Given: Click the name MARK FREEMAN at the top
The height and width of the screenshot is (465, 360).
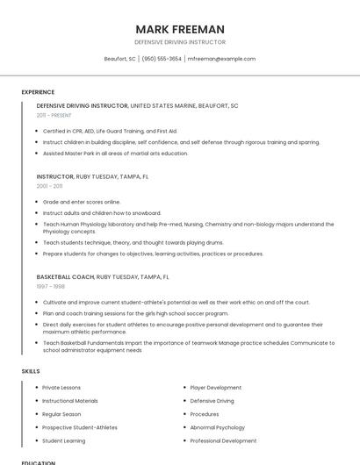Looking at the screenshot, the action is pyautogui.click(x=180, y=29).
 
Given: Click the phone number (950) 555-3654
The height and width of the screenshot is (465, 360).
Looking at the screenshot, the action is pyautogui.click(x=162, y=59).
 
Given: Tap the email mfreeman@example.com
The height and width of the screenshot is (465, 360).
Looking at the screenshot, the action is pyautogui.click(x=221, y=59).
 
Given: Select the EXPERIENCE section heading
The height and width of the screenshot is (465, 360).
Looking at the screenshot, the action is pyautogui.click(x=38, y=92).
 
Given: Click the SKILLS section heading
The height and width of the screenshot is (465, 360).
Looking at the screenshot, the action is pyautogui.click(x=31, y=371).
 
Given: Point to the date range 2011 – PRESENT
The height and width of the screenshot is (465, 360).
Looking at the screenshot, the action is pyautogui.click(x=54, y=115).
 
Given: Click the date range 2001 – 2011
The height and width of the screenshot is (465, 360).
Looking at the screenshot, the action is pyautogui.click(x=49, y=186).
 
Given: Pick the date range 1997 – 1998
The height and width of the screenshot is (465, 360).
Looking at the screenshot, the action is pyautogui.click(x=50, y=286).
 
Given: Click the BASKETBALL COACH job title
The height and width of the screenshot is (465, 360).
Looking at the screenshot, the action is pyautogui.click(x=65, y=276).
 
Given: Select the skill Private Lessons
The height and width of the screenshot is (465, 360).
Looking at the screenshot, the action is pyautogui.click(x=61, y=387).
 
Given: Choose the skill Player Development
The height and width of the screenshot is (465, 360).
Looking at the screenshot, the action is pyautogui.click(x=215, y=387).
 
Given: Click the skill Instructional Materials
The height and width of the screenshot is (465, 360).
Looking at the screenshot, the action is pyautogui.click(x=70, y=401).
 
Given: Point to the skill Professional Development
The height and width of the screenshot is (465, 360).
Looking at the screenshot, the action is pyautogui.click(x=223, y=440).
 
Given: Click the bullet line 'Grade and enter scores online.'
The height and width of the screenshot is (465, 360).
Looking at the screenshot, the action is pyautogui.click(x=82, y=202).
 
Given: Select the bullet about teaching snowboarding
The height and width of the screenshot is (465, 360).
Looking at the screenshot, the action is pyautogui.click(x=102, y=212).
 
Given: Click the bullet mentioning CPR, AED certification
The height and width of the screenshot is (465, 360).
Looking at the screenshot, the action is pyautogui.click(x=110, y=131).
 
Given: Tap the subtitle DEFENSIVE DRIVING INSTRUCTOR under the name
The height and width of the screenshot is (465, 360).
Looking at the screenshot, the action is pyautogui.click(x=180, y=42).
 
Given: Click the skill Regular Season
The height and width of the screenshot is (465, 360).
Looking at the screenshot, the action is pyautogui.click(x=61, y=414).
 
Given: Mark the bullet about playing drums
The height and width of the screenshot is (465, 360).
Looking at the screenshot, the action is pyautogui.click(x=133, y=242).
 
